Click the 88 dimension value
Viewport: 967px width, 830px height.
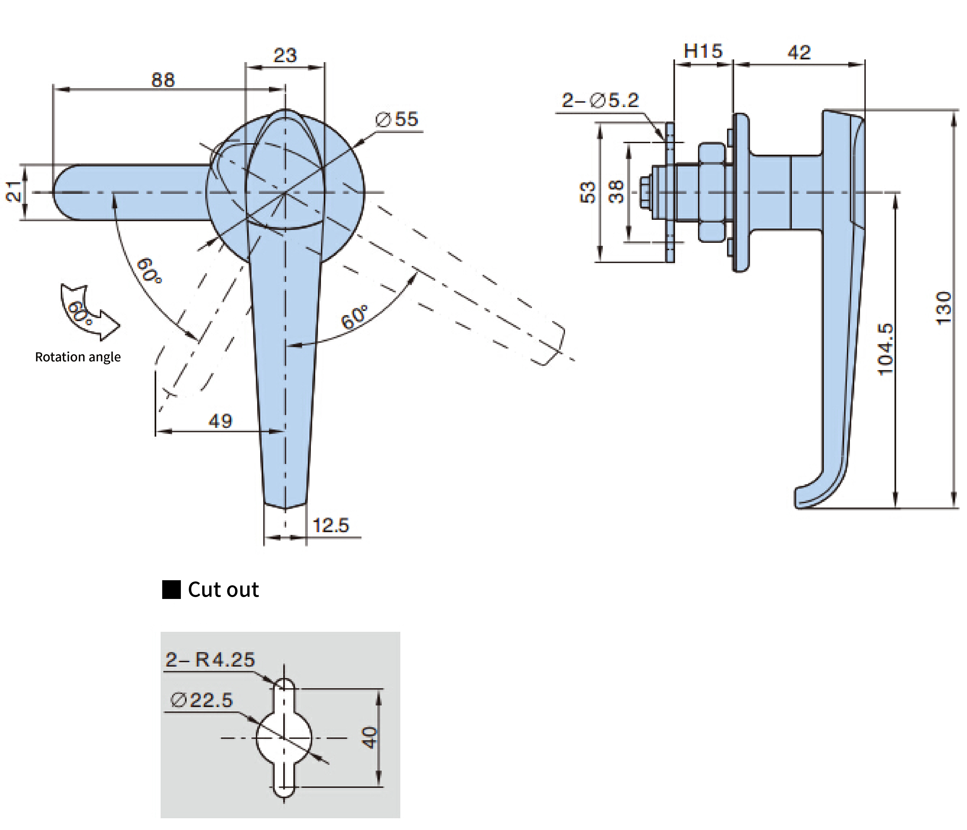pos(163,80)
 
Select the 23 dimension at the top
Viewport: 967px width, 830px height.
pos(285,56)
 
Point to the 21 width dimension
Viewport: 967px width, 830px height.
pos(14,191)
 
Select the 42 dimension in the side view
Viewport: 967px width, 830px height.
pos(799,52)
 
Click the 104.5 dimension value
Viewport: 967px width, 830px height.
pos(885,349)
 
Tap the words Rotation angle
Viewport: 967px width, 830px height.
pos(78,357)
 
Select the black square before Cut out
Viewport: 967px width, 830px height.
pos(171,590)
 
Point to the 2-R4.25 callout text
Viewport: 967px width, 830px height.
pos(210,660)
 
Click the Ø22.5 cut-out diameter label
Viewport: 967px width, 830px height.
pos(202,700)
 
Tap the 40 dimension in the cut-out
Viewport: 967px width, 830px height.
pos(370,737)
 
